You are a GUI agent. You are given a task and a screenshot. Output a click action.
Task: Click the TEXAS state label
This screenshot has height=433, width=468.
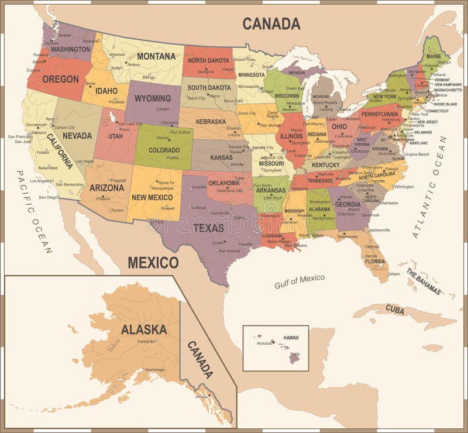[208, 228]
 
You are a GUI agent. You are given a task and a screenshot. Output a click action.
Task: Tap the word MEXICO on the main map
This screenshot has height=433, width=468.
[153, 262]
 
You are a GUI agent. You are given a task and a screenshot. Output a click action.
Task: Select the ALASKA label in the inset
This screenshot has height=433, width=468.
[143, 329]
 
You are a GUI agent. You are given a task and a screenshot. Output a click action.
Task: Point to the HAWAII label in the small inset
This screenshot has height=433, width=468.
[291, 338]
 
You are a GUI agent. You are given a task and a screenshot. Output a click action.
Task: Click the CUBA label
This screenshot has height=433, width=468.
[395, 308]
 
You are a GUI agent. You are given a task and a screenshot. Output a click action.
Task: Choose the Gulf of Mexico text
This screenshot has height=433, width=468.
[300, 281]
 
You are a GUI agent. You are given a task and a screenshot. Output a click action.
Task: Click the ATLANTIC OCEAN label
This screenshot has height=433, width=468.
[429, 187]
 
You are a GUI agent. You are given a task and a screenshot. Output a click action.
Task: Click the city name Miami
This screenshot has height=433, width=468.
[395, 273]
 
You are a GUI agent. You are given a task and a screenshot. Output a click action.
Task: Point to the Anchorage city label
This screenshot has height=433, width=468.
[154, 369]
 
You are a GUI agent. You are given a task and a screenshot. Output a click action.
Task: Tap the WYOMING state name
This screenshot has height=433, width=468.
[153, 98]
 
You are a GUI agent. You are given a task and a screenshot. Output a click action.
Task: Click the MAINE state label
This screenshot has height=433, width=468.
[434, 56]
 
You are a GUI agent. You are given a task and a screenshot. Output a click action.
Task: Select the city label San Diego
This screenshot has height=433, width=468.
[48, 197]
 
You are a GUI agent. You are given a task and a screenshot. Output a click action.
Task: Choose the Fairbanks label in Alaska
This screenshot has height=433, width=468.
[146, 341]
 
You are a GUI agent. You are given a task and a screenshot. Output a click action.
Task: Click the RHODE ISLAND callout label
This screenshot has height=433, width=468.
[446, 104]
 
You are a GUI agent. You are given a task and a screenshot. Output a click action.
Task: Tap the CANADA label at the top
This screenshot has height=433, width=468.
[271, 23]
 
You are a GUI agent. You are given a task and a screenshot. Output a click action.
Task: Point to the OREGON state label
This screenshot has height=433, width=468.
[60, 78]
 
